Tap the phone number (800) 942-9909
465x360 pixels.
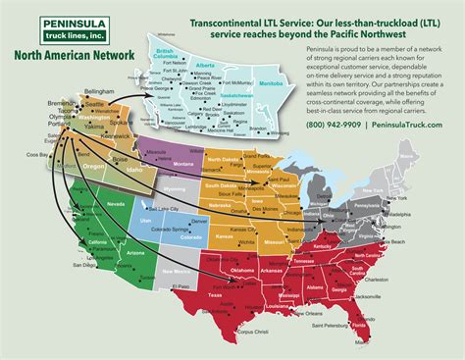tap(336, 124)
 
